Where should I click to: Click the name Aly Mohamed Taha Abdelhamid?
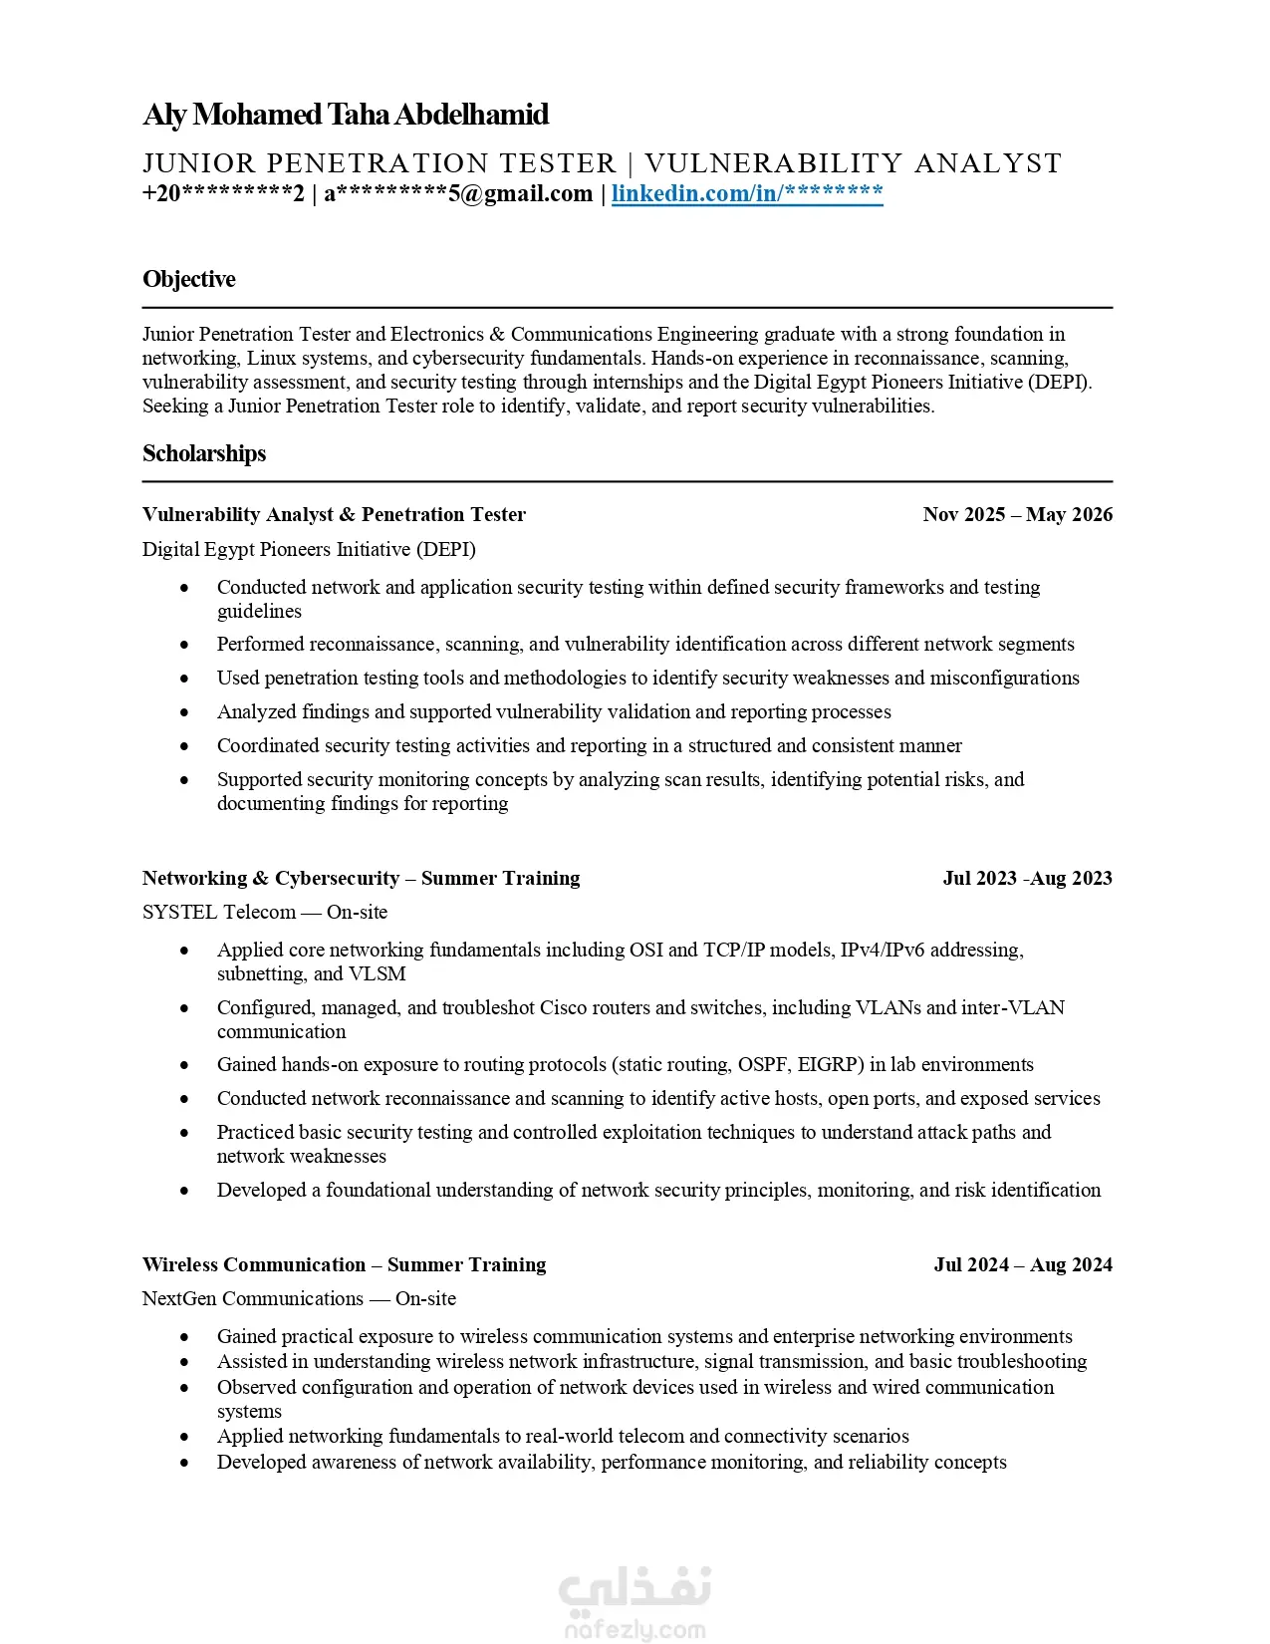point(346,115)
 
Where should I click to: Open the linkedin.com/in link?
point(747,193)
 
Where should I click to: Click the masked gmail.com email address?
point(458,193)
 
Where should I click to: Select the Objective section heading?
point(189,279)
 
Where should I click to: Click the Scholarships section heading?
point(204,453)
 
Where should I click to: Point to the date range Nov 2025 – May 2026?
point(1017,514)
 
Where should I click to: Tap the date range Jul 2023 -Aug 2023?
point(1027,878)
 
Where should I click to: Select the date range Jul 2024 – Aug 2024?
point(1023,1264)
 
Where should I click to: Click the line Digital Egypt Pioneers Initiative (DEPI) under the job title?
point(309,549)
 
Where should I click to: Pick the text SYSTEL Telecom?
point(219,912)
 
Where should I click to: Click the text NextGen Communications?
point(253,1298)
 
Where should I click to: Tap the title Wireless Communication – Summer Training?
point(344,1264)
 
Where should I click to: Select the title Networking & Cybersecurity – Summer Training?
point(361,878)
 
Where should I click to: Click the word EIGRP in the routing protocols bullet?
point(830,1064)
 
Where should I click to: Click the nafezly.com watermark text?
point(635,1631)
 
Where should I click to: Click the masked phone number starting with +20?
point(223,193)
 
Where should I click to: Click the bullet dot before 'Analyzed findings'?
point(184,712)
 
